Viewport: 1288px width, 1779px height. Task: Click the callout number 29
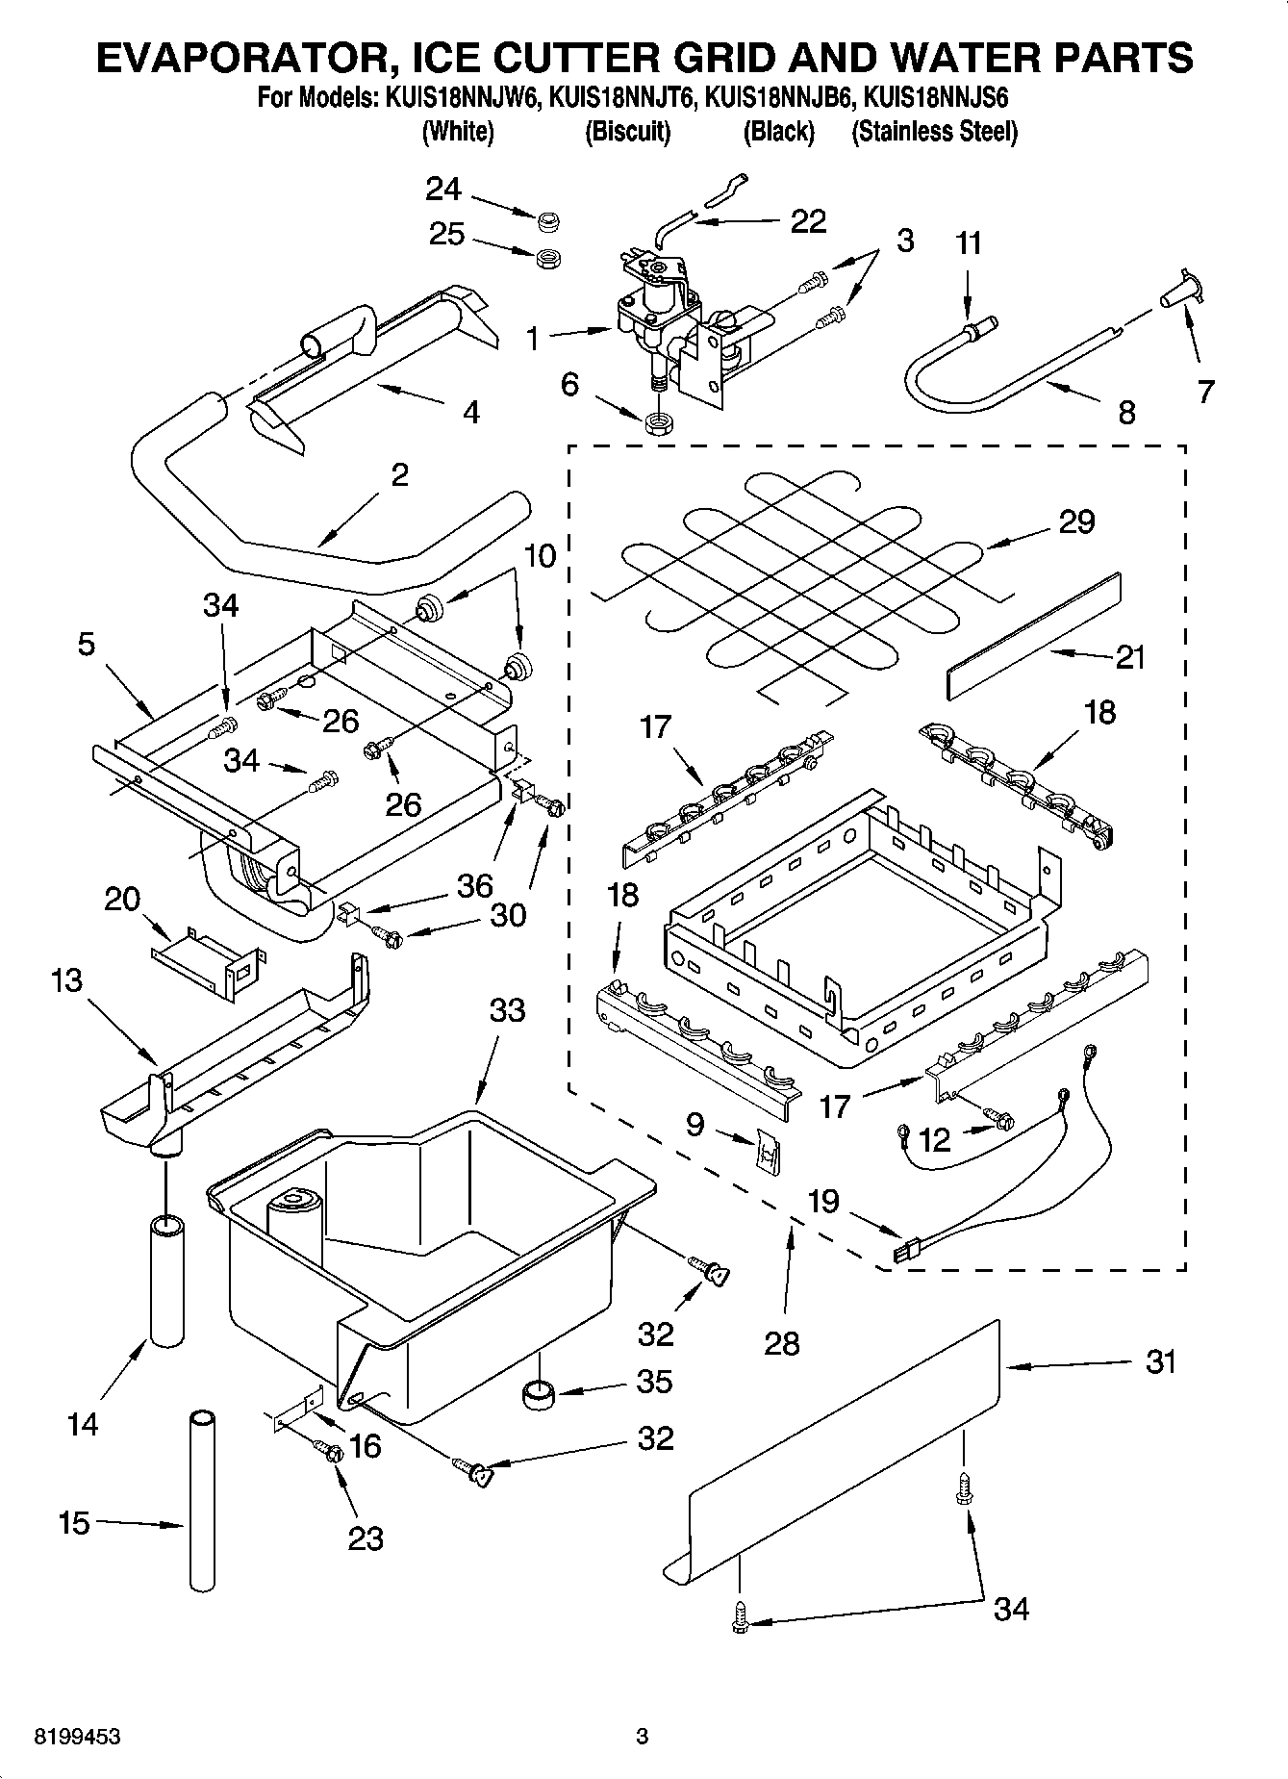1076,521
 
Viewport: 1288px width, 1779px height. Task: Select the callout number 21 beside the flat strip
1131,657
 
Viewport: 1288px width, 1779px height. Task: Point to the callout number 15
74,1523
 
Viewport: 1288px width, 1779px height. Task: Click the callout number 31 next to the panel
1161,1362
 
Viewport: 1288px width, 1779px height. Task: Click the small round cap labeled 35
538,1392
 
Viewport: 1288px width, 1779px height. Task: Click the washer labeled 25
549,258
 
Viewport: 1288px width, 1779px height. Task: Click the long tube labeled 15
202,1501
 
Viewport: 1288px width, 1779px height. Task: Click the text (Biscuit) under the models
627,132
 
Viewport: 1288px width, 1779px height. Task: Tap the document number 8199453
77,1737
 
